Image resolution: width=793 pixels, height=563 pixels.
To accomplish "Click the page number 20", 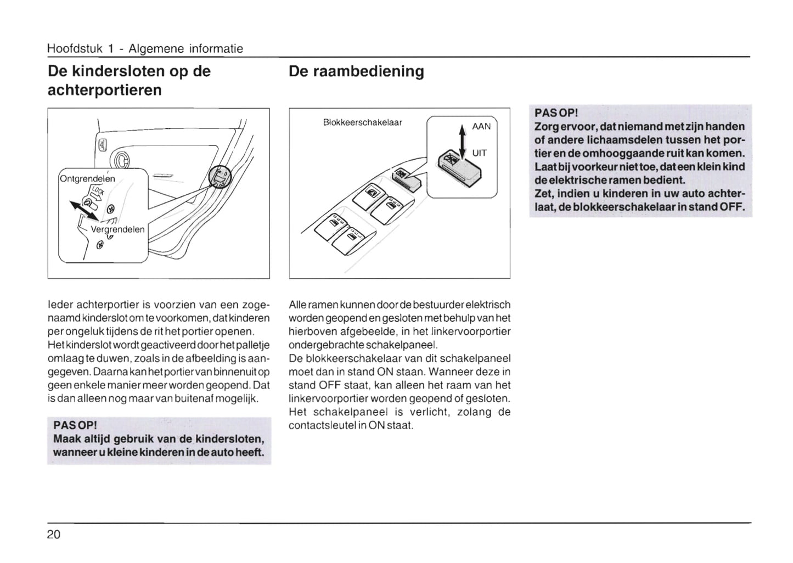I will click(54, 534).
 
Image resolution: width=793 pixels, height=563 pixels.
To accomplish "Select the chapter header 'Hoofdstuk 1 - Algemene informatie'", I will click(145, 49).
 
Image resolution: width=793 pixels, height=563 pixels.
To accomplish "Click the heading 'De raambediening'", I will click(356, 71).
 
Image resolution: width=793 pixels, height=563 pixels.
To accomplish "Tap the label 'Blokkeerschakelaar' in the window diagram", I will click(363, 122).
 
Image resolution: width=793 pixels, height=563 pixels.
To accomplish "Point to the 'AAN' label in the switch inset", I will click(481, 126).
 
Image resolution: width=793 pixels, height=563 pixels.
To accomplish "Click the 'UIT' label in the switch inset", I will click(479, 153).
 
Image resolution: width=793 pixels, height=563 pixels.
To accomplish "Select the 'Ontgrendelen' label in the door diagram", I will click(87, 179).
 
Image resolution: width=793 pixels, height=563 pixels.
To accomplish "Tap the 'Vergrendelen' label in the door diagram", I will click(117, 229).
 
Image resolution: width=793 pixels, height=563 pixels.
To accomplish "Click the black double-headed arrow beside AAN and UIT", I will click(462, 140).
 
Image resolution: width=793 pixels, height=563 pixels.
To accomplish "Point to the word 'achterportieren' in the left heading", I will click(105, 90).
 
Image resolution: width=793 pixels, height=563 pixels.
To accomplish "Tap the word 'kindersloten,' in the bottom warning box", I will click(230, 439).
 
